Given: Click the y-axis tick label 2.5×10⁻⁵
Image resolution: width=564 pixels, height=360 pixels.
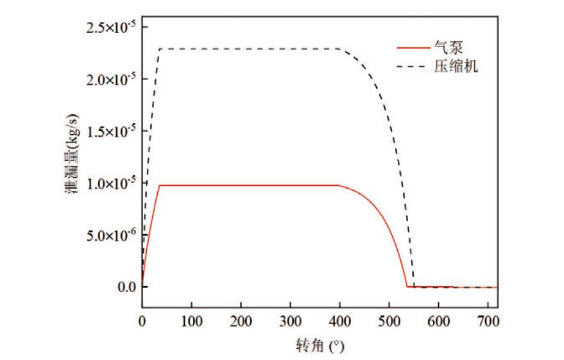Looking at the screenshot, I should click(x=110, y=28).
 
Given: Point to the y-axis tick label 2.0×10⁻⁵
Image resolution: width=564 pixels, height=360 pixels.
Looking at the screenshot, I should click(x=110, y=80).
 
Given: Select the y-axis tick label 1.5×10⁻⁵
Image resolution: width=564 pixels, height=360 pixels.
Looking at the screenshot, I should click(x=110, y=132).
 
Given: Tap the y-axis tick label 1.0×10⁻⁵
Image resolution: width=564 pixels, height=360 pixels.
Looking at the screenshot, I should click(x=110, y=184).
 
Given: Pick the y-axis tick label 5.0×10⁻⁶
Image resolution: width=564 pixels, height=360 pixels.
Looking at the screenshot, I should click(x=110, y=236).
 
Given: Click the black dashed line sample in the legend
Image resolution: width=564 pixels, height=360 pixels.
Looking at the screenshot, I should click(x=411, y=66).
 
